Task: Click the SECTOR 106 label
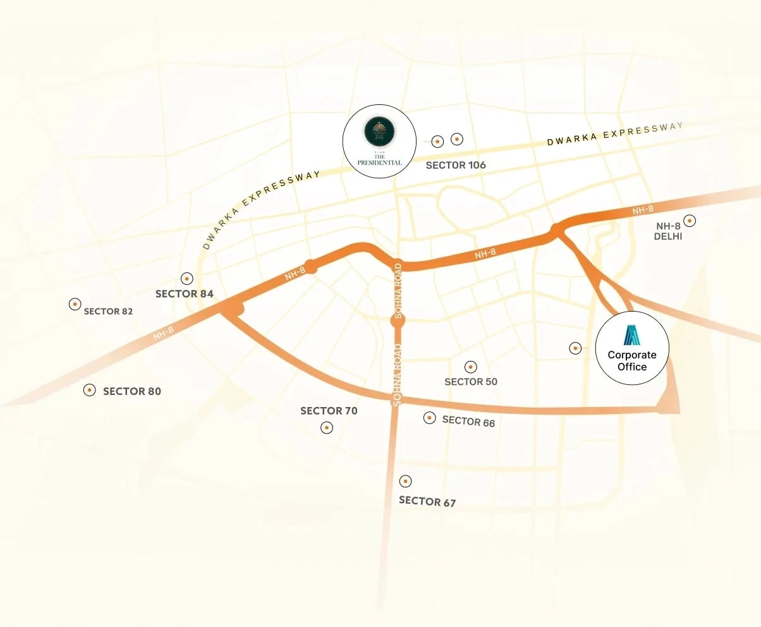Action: tap(456, 165)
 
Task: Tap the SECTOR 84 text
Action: tap(185, 294)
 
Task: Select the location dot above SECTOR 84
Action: tap(186, 278)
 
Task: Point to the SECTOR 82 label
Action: tap(109, 311)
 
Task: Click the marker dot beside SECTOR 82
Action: tap(75, 304)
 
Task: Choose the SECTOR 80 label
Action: tap(132, 391)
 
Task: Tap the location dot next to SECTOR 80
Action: tap(90, 390)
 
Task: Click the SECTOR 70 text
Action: tap(329, 411)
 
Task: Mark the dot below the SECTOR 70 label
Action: tap(327, 428)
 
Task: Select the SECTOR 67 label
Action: tap(427, 501)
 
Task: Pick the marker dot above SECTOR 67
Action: tap(406, 481)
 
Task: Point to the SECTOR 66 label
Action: tap(468, 421)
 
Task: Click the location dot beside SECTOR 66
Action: tap(430, 418)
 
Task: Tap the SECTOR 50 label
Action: tap(471, 382)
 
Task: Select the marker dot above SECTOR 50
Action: tap(470, 367)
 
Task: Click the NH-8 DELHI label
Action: tap(669, 231)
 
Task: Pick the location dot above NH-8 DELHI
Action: tap(690, 221)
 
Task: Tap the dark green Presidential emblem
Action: tap(379, 131)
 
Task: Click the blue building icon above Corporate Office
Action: tap(632, 335)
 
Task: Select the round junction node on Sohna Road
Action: tap(398, 321)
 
